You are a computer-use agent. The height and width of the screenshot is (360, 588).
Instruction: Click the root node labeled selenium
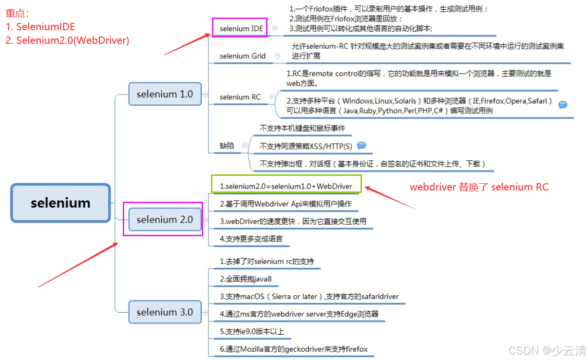click(60, 203)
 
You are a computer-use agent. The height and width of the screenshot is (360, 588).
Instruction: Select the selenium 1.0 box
click(165, 94)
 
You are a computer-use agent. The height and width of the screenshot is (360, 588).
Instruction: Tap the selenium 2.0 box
click(165, 220)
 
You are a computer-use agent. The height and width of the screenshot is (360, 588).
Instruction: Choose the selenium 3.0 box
click(165, 312)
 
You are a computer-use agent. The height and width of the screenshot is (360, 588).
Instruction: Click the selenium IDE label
click(241, 28)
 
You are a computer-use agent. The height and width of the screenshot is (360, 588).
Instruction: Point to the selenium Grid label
click(243, 56)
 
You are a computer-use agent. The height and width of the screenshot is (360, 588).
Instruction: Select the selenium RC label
click(240, 97)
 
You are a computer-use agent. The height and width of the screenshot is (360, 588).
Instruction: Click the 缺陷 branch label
click(227, 146)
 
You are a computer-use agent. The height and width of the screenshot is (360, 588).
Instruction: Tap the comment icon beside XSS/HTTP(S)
click(361, 146)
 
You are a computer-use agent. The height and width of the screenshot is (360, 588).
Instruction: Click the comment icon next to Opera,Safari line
click(563, 105)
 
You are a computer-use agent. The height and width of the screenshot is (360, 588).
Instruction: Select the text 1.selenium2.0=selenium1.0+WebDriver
click(286, 186)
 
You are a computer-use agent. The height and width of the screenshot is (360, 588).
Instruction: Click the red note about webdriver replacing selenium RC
click(479, 187)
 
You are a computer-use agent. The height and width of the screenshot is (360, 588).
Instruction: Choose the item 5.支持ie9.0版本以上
click(252, 332)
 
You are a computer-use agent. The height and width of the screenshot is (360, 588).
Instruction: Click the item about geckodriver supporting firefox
click(294, 349)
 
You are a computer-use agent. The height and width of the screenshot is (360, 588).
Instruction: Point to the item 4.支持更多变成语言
click(251, 239)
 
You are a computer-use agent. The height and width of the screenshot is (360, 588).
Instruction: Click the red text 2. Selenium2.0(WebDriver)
click(67, 40)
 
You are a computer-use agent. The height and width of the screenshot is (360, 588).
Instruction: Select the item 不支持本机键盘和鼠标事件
click(302, 128)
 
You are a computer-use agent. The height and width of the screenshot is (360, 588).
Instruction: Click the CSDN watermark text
click(547, 350)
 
